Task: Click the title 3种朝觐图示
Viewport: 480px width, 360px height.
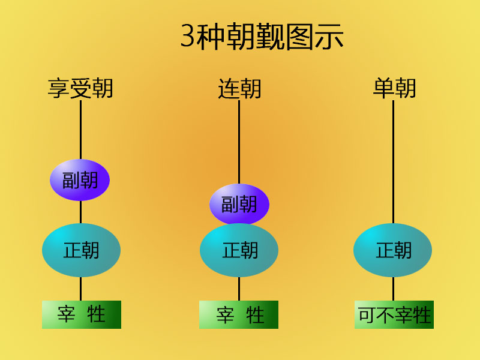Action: click(x=262, y=37)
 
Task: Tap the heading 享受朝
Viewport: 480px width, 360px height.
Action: click(x=80, y=89)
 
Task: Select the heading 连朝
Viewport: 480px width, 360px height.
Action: click(x=239, y=89)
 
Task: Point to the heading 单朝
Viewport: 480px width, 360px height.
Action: click(x=394, y=89)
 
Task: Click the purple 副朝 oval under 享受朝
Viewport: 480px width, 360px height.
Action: click(x=80, y=180)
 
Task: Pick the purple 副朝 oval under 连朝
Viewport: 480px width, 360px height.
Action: click(x=239, y=205)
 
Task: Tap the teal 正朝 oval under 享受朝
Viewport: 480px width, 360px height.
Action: click(x=81, y=250)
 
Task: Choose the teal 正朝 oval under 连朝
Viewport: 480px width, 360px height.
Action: click(x=239, y=250)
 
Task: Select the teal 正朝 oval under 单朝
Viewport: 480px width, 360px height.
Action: click(x=393, y=250)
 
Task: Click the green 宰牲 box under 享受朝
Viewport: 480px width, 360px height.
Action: click(x=82, y=314)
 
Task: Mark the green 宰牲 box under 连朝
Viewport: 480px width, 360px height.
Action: click(x=239, y=314)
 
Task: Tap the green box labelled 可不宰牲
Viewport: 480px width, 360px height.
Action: click(x=394, y=314)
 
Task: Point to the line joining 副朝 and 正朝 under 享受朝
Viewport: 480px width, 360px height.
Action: click(x=80, y=212)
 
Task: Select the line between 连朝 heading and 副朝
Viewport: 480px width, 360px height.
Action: click(x=239, y=141)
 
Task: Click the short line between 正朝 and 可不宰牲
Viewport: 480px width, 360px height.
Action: click(x=394, y=289)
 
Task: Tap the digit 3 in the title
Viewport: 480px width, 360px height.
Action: click(x=188, y=37)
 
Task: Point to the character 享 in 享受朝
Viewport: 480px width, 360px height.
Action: click(x=59, y=89)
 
